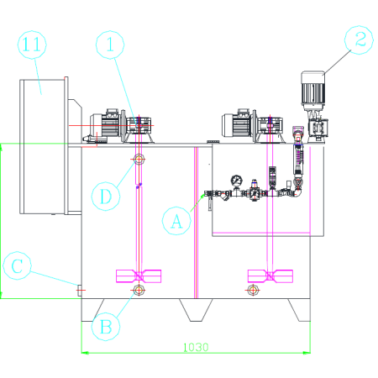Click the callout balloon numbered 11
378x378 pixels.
[x=32, y=31]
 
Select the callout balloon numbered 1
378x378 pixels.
[x=110, y=31]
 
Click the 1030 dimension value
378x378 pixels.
[x=196, y=347]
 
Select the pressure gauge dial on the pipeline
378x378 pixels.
[x=237, y=181]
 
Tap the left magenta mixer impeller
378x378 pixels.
[x=139, y=276]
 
